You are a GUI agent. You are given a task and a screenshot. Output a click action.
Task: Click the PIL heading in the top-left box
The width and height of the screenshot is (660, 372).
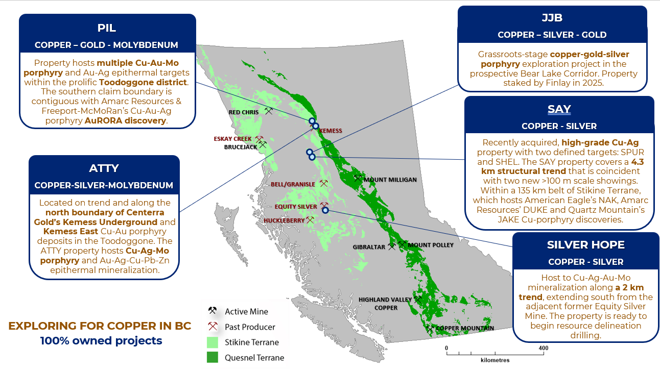click(x=107, y=28)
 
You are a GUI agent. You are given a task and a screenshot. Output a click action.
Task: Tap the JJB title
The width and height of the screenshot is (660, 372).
click(x=552, y=18)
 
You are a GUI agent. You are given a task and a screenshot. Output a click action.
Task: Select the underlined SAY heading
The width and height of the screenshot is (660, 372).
click(x=559, y=110)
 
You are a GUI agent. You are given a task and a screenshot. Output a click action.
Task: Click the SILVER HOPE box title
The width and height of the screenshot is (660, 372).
click(x=586, y=245)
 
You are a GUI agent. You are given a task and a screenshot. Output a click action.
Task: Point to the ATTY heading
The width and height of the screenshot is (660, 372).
click(x=104, y=168)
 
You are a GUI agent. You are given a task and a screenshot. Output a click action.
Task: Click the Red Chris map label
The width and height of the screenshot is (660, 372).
click(x=244, y=112)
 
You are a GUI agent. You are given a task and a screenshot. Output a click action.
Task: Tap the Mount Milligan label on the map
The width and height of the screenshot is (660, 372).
click(x=390, y=180)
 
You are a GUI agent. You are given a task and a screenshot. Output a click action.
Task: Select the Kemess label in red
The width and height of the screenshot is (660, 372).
click(x=331, y=131)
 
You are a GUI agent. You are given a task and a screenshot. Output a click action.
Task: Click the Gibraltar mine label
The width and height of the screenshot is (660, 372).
click(x=369, y=247)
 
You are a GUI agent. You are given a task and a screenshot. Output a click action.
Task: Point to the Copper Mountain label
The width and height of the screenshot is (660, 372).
click(x=465, y=328)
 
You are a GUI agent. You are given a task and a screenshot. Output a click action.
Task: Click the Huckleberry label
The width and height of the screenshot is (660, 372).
click(x=284, y=220)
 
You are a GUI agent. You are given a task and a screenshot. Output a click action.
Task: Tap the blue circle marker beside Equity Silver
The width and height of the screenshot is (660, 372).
click(x=325, y=210)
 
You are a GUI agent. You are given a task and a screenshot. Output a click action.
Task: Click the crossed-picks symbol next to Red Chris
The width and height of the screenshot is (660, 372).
click(x=268, y=111)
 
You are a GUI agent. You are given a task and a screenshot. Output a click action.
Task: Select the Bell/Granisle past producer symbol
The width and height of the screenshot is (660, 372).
click(x=324, y=183)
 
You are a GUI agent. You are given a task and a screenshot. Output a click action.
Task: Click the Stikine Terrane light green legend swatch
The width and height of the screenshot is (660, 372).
click(x=213, y=342)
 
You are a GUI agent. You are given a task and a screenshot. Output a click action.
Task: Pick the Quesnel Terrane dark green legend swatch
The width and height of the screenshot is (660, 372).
click(x=213, y=357)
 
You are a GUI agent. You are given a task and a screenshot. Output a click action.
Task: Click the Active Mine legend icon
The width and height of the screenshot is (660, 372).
click(x=213, y=311)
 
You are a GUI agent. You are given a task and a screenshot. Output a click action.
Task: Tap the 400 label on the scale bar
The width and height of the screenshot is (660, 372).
click(x=544, y=348)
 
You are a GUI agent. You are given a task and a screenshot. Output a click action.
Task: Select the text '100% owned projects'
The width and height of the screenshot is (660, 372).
click(x=101, y=340)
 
